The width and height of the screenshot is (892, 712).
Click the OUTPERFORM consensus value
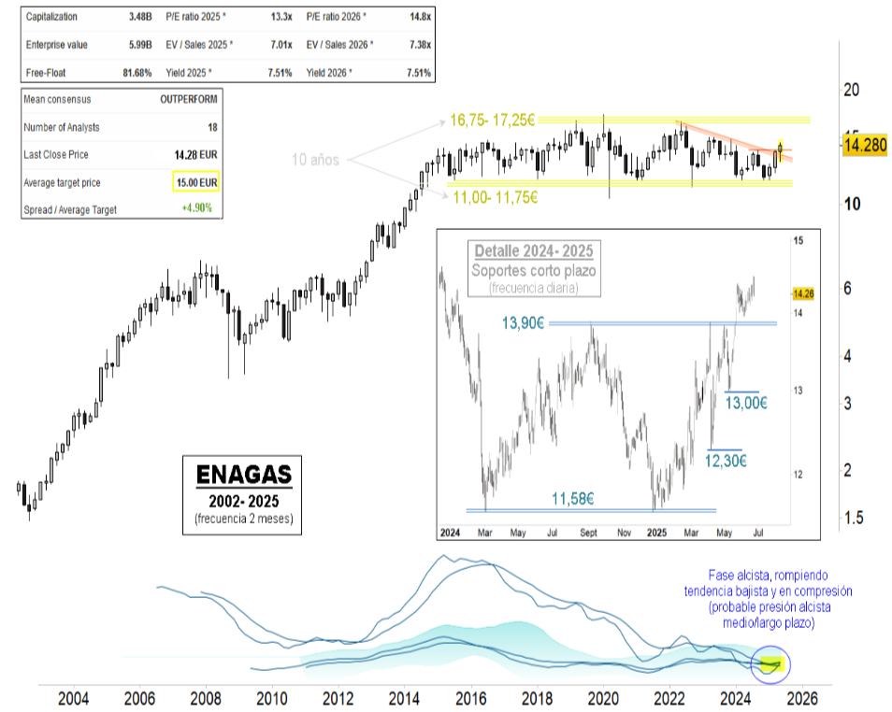click(x=188, y=100)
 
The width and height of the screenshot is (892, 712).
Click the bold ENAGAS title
click(x=244, y=473)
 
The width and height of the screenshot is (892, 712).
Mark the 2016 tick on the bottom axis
click(x=470, y=697)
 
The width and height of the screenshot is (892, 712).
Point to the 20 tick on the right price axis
click(x=851, y=90)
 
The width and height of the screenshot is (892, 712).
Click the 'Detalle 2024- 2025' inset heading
click(x=533, y=251)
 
